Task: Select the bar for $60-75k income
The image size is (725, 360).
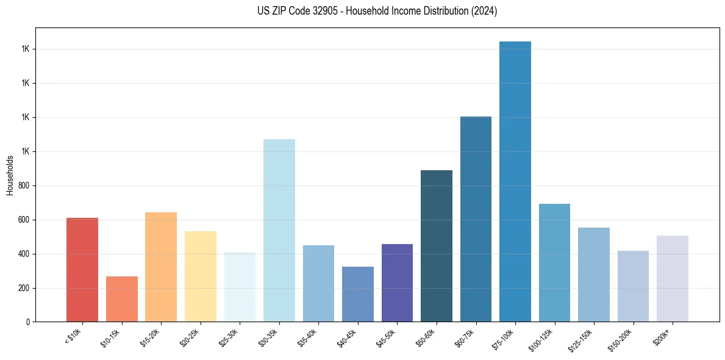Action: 476,219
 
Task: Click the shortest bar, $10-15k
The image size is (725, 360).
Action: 122,299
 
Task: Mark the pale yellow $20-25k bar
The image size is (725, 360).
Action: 201,276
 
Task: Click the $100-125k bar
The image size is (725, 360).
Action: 554,263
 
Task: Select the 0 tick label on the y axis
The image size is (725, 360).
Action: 29,322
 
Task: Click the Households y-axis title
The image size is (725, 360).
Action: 10,175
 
